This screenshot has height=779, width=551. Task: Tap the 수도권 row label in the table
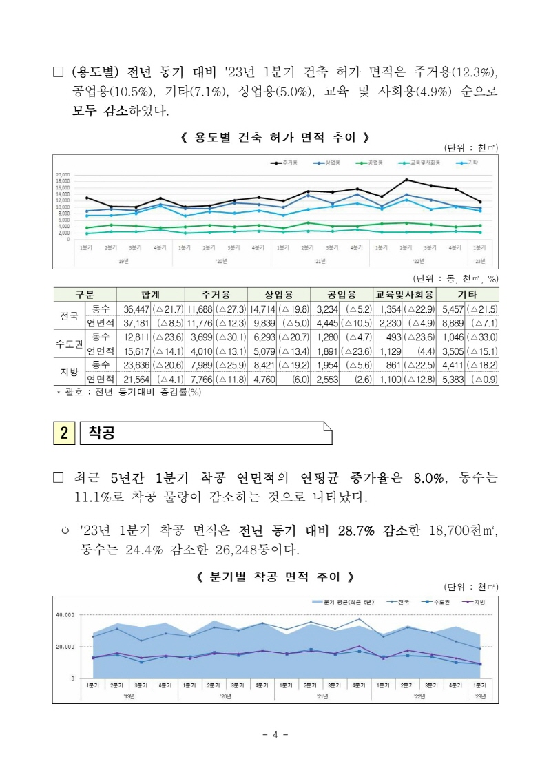click(68, 344)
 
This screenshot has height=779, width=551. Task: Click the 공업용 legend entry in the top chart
click(372, 163)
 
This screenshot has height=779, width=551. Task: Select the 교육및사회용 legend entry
click(424, 163)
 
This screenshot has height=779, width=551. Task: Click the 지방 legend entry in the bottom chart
click(476, 601)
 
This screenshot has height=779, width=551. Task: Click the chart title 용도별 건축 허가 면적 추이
click(275, 138)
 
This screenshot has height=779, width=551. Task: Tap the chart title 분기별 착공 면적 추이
click(275, 576)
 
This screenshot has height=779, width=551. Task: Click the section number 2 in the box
click(63, 433)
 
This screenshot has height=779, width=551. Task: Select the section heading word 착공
click(101, 433)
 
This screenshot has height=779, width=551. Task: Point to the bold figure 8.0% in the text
click(427, 478)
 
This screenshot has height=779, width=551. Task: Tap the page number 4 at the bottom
click(275, 734)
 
